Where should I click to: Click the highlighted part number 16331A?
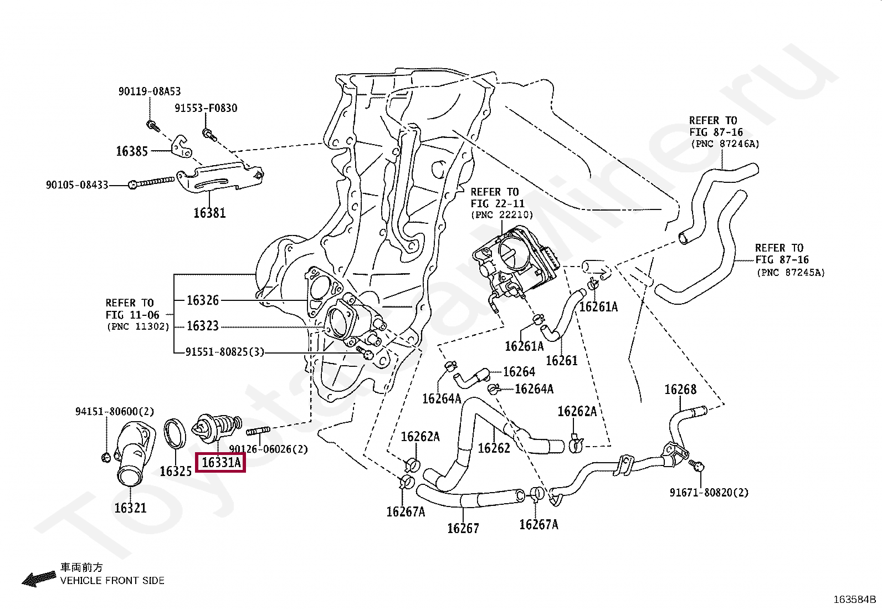tap(221, 462)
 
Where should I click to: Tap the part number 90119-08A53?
tap(150, 91)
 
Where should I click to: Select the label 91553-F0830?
tap(206, 108)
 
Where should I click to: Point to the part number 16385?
tap(132, 151)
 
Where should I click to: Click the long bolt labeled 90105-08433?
tap(152, 182)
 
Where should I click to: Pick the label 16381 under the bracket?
tap(209, 213)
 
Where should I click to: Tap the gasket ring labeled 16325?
tap(175, 433)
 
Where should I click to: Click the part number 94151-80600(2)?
tap(115, 411)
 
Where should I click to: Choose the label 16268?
tap(680, 389)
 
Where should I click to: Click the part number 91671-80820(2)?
tap(709, 493)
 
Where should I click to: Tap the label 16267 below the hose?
tap(463, 528)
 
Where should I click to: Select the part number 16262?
tap(494, 448)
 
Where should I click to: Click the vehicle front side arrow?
tap(39, 579)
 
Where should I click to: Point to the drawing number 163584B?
tap(854, 599)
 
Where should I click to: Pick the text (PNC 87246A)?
tap(725, 144)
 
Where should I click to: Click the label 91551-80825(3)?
tap(225, 352)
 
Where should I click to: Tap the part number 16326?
tap(202, 300)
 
